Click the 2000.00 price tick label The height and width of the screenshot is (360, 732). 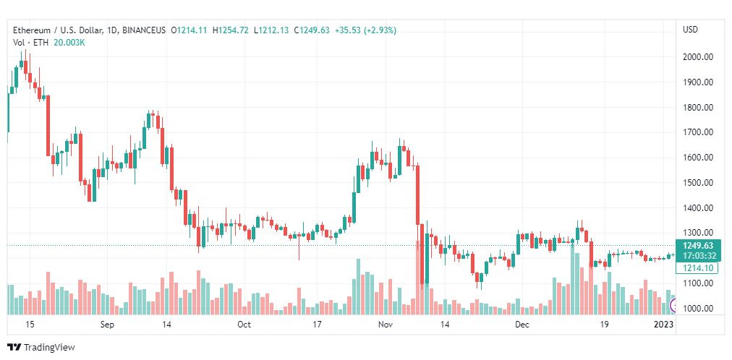tap(698, 56)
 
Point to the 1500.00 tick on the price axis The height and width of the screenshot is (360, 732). tap(698, 182)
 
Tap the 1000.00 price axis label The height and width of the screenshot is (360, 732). tap(698, 309)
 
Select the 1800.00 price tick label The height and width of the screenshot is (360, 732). tap(698, 107)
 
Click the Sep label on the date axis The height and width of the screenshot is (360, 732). tap(107, 325)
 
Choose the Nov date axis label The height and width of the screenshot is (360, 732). tap(385, 325)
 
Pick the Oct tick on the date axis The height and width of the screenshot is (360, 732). tap(244, 325)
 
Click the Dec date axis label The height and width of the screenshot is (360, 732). tap(522, 325)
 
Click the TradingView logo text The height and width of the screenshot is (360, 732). tap(49, 348)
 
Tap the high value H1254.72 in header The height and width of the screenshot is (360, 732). tap(231, 30)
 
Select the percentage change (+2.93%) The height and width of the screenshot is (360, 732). tap(380, 30)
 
